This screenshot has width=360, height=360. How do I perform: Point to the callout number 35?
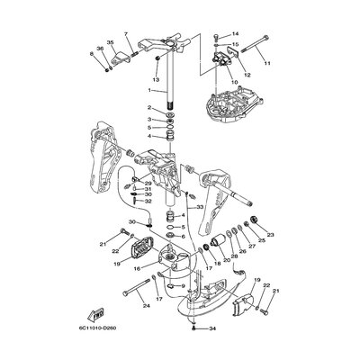tap(110, 43)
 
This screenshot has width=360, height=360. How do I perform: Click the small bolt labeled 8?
tap(106, 67)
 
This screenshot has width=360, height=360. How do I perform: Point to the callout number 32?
tap(148, 201)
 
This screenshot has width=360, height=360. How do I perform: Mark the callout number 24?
tap(144, 305)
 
